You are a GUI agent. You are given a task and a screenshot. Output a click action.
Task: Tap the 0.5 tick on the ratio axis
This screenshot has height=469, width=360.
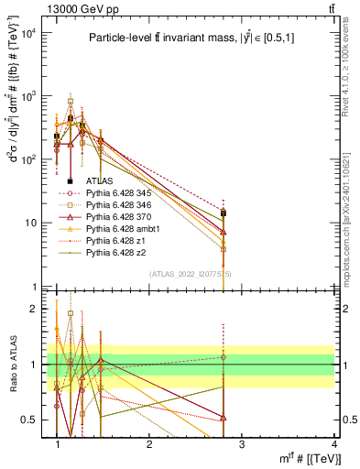click(x=31, y=420)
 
